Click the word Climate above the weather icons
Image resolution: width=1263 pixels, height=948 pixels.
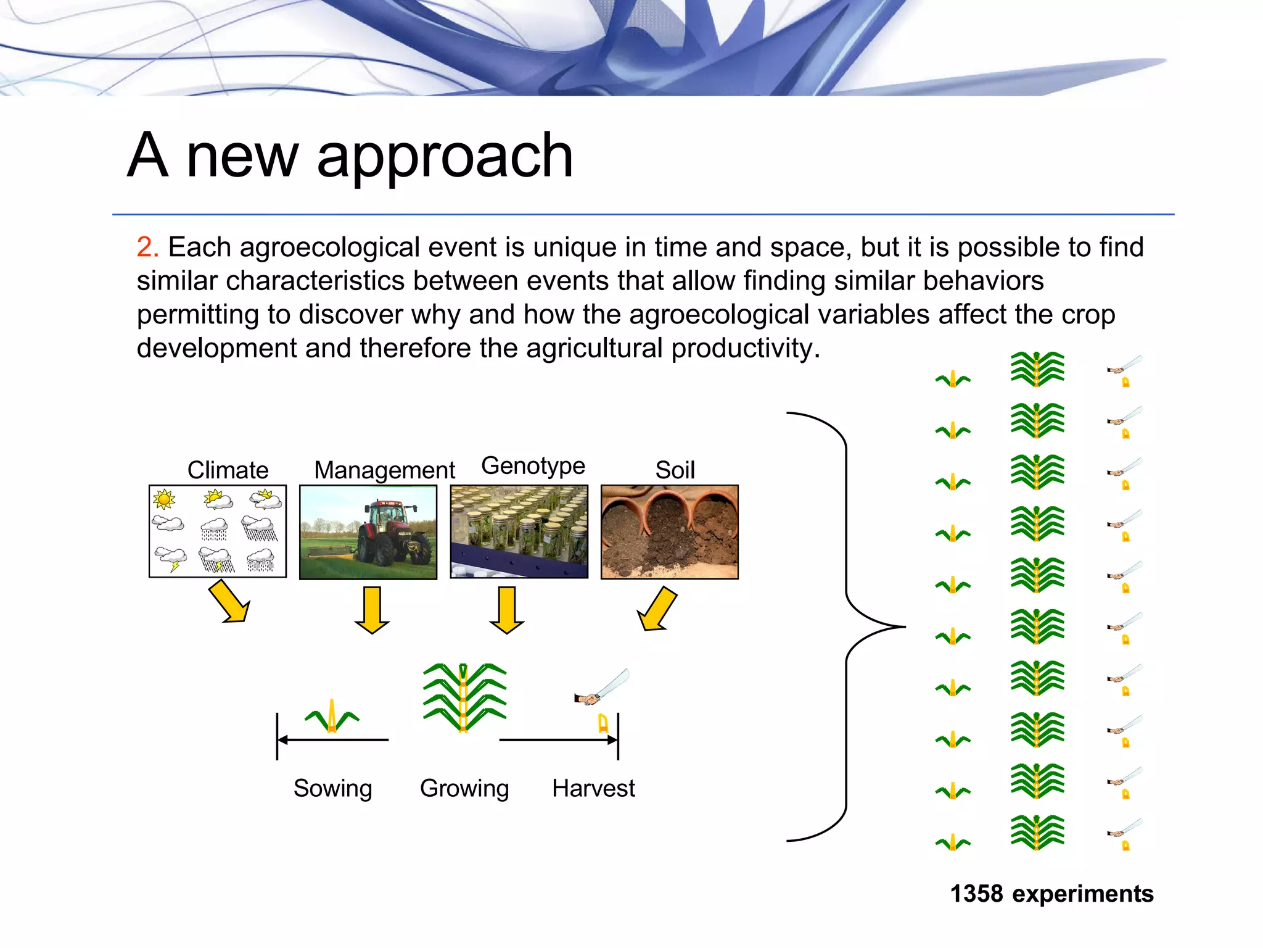coord(228,470)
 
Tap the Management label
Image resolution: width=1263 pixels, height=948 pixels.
coord(384,470)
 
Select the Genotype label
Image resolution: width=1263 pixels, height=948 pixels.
coord(533,466)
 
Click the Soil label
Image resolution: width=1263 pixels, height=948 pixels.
coord(675,470)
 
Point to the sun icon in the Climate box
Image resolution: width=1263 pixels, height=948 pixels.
coord(164,499)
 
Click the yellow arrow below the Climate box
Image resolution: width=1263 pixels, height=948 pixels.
coord(229,603)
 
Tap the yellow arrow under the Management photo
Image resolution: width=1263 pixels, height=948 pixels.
coord(372,610)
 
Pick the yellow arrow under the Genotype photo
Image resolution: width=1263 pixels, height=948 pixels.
coord(507,610)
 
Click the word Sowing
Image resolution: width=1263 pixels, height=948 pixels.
coord(332,788)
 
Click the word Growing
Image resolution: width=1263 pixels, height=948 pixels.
coord(464,788)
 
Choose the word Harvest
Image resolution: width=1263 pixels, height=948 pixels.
coord(593,788)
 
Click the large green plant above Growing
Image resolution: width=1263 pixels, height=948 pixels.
coord(464,697)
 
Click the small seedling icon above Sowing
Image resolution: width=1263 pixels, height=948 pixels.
coord(332,718)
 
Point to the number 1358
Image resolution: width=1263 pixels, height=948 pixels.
coord(976,894)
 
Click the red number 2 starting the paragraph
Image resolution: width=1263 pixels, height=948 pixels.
coord(147,247)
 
